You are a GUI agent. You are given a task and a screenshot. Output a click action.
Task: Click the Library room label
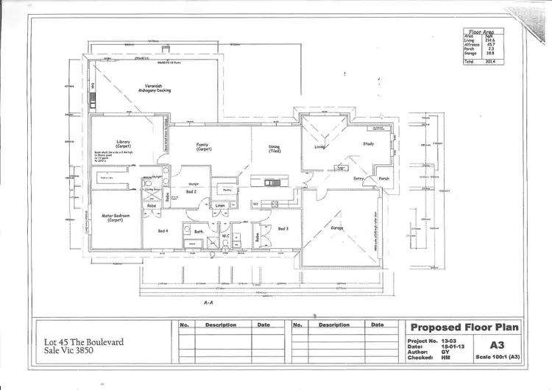[x=122, y=143]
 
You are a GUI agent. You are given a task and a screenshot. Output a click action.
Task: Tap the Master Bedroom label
[x=115, y=218]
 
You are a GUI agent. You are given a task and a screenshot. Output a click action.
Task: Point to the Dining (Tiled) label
[x=274, y=149]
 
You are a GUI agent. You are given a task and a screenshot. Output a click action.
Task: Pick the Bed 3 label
[x=283, y=230]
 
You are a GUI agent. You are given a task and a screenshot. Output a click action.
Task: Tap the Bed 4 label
[x=163, y=231]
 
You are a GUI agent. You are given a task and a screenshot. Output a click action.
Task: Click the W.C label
[x=227, y=237]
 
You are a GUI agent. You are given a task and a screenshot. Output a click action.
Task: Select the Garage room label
[x=337, y=228]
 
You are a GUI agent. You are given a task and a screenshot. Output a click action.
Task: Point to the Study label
[x=369, y=144]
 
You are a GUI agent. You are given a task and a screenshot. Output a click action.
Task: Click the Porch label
[x=383, y=178]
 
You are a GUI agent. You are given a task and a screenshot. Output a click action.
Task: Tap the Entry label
[x=358, y=178]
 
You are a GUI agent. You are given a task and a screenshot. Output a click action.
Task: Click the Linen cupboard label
[x=219, y=205]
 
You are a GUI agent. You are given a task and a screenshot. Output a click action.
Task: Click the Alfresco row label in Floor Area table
[x=472, y=45]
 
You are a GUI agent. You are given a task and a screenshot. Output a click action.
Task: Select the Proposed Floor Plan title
[x=464, y=327]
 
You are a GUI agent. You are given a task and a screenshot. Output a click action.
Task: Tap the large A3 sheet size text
[x=498, y=344]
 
